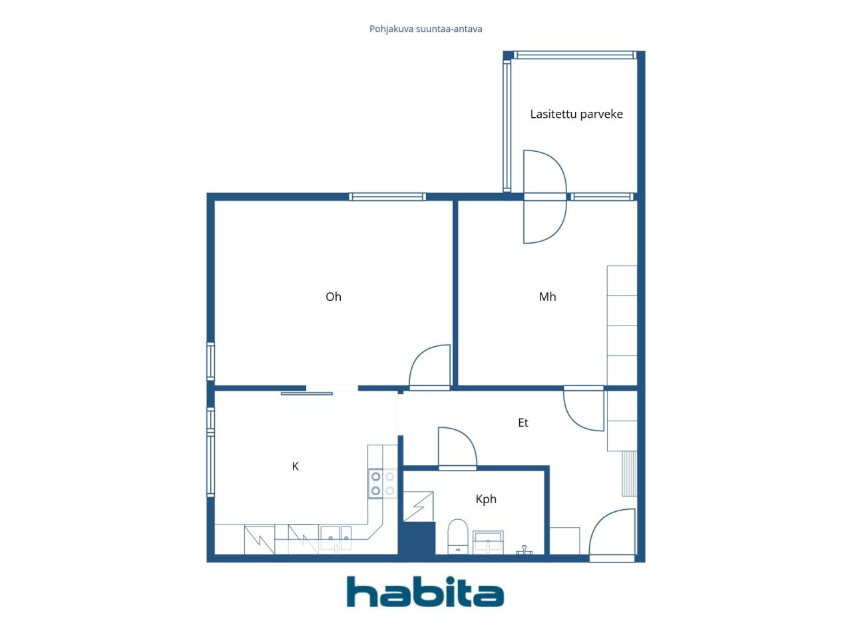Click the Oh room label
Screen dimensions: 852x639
coord(333,297)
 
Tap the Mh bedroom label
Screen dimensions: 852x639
coord(547,297)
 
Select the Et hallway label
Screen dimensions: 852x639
coord(523,423)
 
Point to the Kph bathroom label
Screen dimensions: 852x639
coord(486,499)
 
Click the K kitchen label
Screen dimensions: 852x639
coord(295,467)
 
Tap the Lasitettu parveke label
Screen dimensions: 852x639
coord(576,114)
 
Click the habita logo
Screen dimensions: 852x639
coord(425,592)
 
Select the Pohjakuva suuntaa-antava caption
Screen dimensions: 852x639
coord(425,29)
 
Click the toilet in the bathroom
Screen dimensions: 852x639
coord(458,536)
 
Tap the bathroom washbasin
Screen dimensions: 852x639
coord(488,542)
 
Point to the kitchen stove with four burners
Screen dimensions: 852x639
coord(382,483)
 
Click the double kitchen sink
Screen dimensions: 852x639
coord(335,538)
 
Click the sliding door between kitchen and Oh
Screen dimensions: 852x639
coord(307,393)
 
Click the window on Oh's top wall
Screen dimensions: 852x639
coord(387,197)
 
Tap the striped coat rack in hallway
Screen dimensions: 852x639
coord(629,473)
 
